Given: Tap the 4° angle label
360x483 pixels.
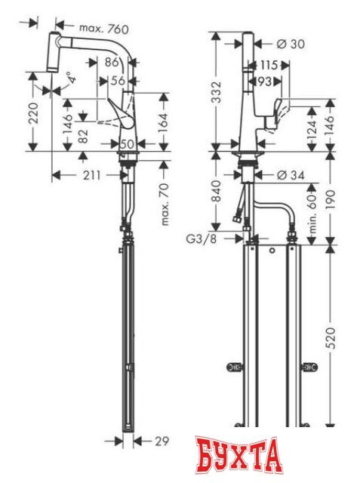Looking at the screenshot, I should (69, 78).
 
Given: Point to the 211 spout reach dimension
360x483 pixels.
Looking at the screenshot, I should (90, 177).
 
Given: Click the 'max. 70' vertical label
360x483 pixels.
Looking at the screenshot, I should (166, 202).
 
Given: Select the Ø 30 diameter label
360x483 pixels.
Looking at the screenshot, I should (291, 44).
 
